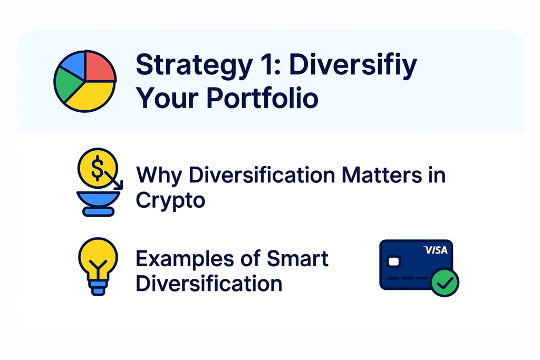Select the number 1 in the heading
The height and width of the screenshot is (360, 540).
click(x=268, y=64)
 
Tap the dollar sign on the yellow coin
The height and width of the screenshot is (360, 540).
click(x=98, y=168)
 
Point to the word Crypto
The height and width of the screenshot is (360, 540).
click(x=170, y=201)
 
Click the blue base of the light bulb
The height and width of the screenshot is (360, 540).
click(x=98, y=288)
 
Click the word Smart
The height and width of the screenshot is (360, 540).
click(x=297, y=258)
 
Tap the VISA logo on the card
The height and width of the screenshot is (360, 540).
click(x=435, y=250)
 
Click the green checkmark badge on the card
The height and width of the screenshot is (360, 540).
click(x=445, y=282)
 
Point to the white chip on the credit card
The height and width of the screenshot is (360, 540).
click(x=393, y=262)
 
